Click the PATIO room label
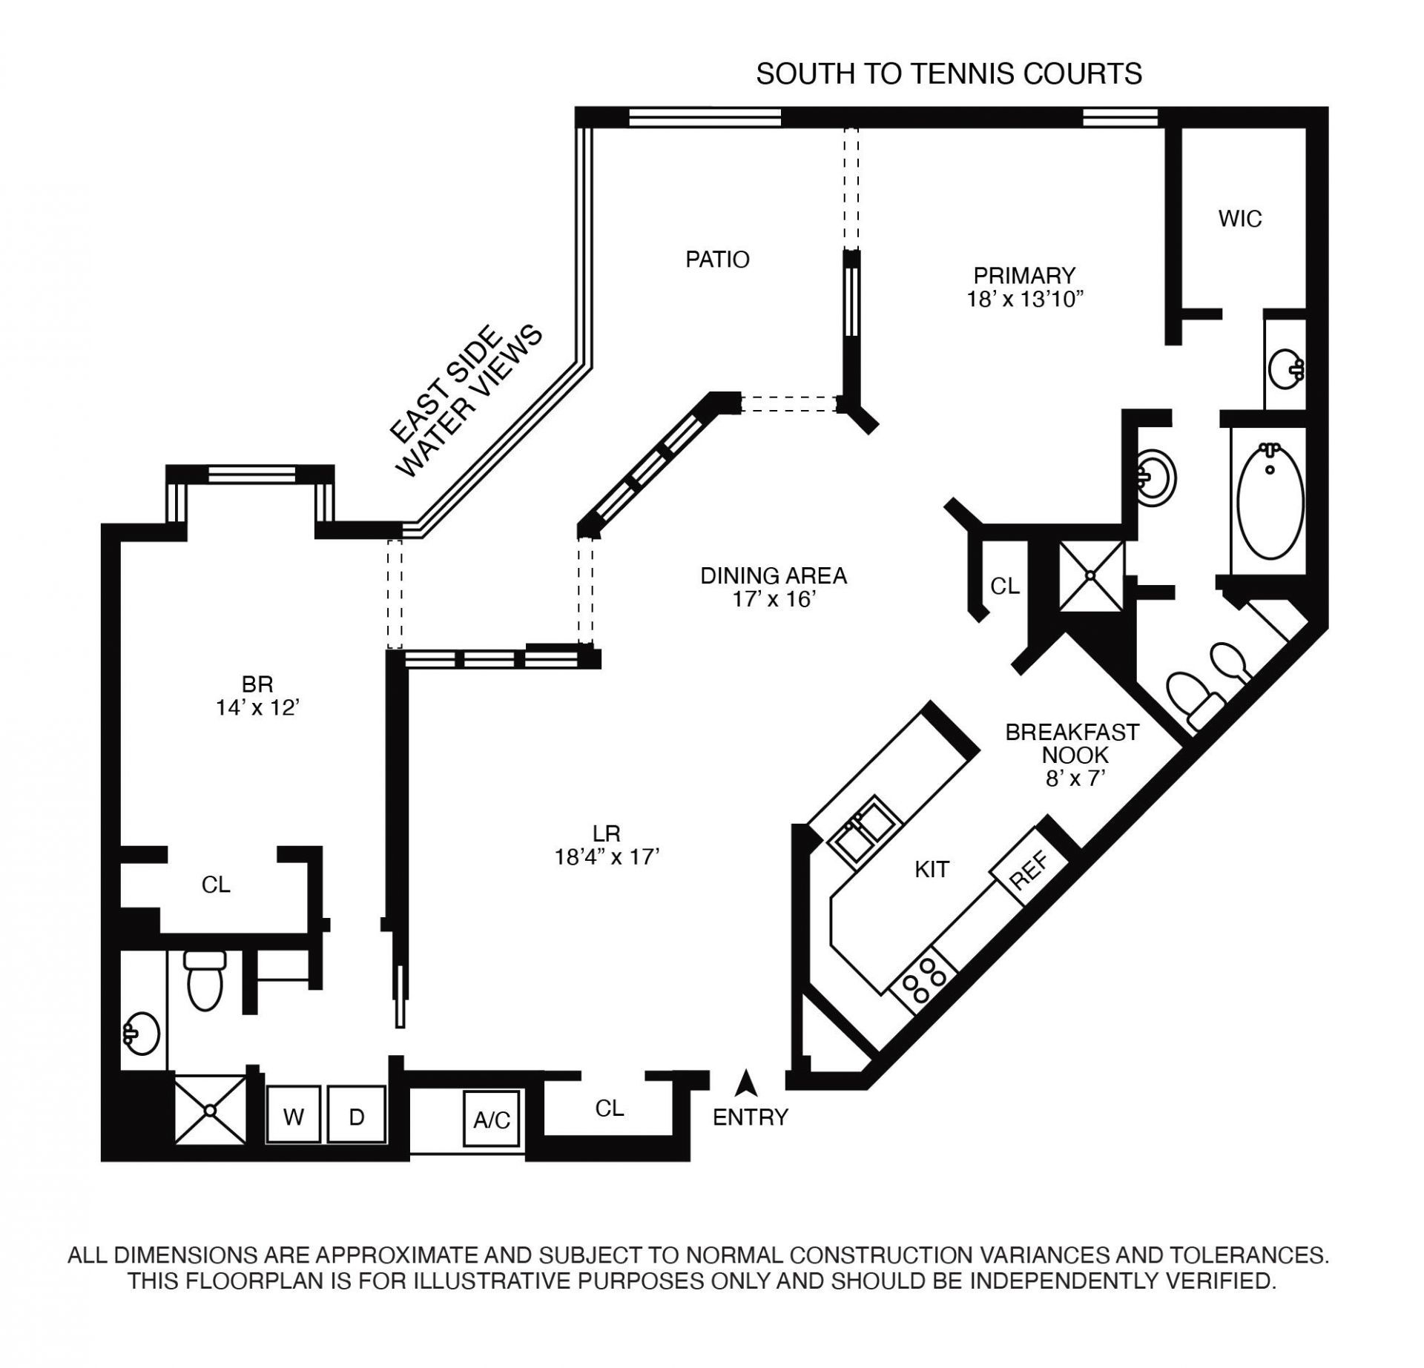[717, 260]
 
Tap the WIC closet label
[1239, 219]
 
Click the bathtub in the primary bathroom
[1270, 501]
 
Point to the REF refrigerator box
[1029, 870]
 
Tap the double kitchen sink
[866, 829]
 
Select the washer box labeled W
[294, 1117]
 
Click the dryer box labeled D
[357, 1117]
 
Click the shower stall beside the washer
[210, 1109]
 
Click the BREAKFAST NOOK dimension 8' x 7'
[1072, 779]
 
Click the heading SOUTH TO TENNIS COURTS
[949, 74]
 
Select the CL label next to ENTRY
[610, 1108]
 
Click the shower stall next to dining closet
[1091, 576]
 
